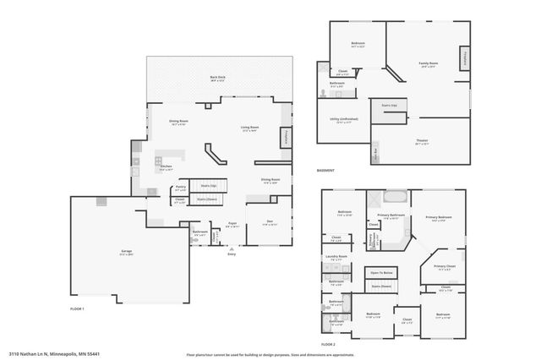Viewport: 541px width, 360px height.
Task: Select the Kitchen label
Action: coord(167,166)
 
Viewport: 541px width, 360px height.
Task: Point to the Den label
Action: coord(270,222)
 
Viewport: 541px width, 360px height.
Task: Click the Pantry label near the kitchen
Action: coord(180,189)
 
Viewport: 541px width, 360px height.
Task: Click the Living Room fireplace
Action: coord(287,135)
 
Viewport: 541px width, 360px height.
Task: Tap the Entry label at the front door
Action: coord(231,255)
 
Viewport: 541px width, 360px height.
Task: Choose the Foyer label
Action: coord(231,224)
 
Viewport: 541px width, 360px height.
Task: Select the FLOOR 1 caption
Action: coord(78,309)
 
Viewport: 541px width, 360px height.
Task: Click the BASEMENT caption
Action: coord(325,171)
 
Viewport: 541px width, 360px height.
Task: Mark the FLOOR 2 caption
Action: coord(328,344)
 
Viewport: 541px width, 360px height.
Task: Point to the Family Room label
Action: coord(428,63)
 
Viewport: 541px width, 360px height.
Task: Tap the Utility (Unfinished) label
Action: coord(342,120)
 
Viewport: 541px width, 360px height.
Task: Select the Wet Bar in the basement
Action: coord(375,154)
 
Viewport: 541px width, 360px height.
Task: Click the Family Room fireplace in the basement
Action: coord(464,57)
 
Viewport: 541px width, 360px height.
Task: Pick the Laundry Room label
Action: coord(337,256)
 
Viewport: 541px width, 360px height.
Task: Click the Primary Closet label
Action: coord(445,267)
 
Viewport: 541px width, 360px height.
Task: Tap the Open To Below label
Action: coord(382,273)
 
